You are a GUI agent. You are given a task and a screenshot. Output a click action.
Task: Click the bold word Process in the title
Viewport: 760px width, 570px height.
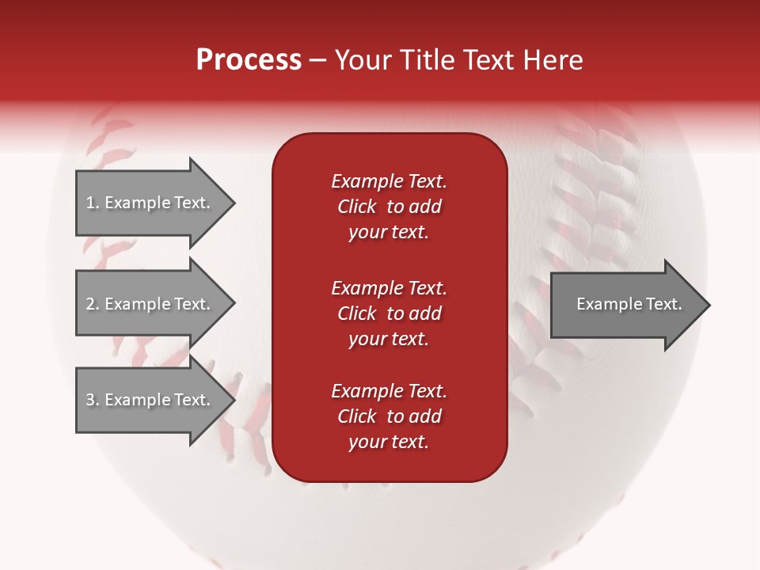click(x=249, y=60)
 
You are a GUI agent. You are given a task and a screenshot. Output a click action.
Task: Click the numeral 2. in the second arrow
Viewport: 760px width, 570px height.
click(x=93, y=304)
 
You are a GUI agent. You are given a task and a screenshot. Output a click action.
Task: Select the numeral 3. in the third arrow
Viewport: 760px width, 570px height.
click(x=93, y=400)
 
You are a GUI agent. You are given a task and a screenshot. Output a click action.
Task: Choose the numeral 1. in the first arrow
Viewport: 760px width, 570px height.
click(x=93, y=203)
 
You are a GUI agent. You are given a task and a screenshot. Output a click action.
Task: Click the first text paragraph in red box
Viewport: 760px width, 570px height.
click(x=389, y=207)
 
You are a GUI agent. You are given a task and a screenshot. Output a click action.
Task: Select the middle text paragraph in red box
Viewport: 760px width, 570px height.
click(x=389, y=313)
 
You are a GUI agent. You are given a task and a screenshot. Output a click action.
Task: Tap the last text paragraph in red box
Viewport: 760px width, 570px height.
click(x=389, y=416)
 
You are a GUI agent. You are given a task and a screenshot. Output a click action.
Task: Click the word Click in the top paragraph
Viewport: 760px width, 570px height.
click(x=356, y=207)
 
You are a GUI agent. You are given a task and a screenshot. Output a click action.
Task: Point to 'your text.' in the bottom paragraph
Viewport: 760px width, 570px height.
click(x=389, y=442)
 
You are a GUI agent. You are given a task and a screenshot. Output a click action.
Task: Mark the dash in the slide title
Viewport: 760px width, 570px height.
click(x=317, y=61)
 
